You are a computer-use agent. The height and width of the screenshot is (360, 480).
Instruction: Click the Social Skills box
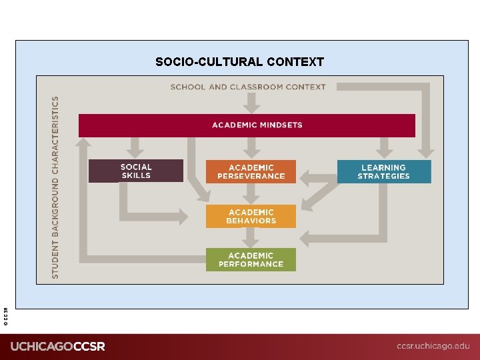pyautogui.click(x=136, y=171)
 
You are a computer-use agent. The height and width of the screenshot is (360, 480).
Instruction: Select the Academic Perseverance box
pyautogui.click(x=251, y=172)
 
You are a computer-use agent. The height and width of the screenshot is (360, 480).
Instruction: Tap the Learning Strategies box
pyautogui.click(x=384, y=171)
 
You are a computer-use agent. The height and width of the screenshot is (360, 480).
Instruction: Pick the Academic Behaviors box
pyautogui.click(x=251, y=217)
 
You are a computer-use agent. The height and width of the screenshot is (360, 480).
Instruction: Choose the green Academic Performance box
pyautogui.click(x=251, y=259)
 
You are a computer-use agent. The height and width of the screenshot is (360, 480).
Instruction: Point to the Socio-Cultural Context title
pyautogui.click(x=239, y=62)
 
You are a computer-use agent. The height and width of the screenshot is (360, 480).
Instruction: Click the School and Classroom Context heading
pyautogui.click(x=248, y=87)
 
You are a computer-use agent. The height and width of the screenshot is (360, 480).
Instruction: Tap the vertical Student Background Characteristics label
pyautogui.click(x=55, y=187)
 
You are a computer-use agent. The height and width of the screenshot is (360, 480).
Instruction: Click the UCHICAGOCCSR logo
pyautogui.click(x=57, y=347)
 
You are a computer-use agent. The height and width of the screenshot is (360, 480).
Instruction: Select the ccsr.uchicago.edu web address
pyautogui.click(x=433, y=346)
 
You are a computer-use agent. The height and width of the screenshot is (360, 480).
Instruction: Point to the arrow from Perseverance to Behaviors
pyautogui.click(x=251, y=193)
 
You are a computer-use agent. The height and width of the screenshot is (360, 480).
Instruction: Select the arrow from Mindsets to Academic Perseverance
pyautogui.click(x=251, y=147)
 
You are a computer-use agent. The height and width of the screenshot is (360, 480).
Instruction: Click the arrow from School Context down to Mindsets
pyautogui.click(x=251, y=102)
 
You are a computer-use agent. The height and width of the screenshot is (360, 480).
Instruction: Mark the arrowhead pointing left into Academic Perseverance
pyautogui.click(x=305, y=177)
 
